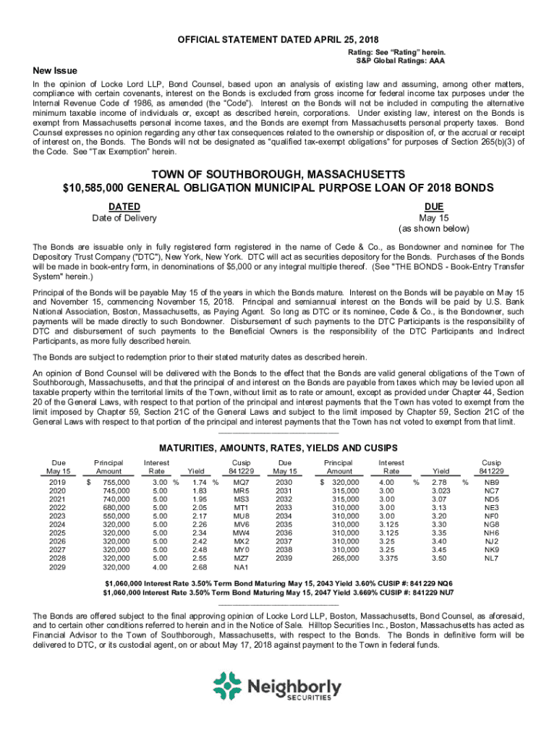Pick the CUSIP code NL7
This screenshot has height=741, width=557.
[x=491, y=558]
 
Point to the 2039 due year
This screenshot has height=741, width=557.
[x=285, y=558]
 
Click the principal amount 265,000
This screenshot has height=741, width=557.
[x=344, y=558]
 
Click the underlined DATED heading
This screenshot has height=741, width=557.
[x=124, y=207]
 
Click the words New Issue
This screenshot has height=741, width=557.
[x=55, y=71]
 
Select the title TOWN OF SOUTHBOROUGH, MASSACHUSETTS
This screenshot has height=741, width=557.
[x=278, y=175]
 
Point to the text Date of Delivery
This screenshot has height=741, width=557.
[x=124, y=219]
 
